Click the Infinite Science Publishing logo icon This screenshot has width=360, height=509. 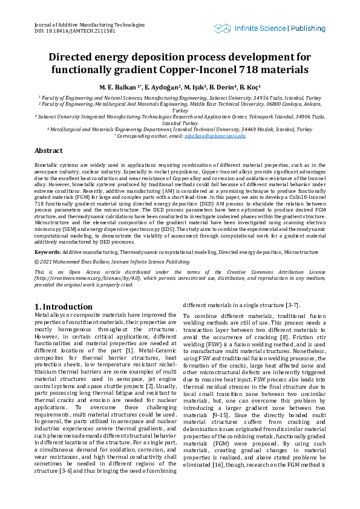point(222,28)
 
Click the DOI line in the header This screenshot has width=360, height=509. point(67,30)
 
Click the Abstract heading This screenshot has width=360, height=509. point(48,151)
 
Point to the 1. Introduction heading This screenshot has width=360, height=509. point(64,306)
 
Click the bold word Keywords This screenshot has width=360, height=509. point(47,251)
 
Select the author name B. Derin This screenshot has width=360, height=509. point(221,87)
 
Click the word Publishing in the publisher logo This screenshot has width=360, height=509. point(308,28)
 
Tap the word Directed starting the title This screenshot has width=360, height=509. point(74,57)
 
